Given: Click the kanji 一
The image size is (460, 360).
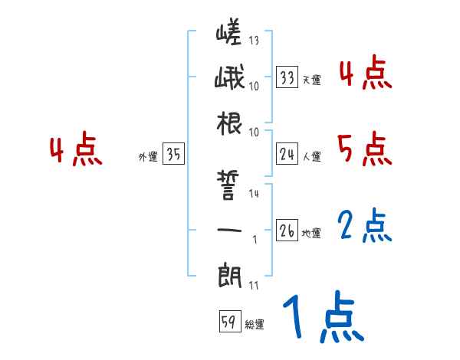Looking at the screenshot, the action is pos(228,229).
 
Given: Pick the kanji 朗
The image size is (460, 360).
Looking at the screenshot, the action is pos(228,273).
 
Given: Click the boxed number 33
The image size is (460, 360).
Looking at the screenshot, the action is pos(287,77).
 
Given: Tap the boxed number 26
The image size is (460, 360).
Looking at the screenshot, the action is pos(287,231).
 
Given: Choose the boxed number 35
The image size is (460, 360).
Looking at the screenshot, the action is pos(173,155).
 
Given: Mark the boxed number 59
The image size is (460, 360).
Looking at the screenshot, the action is pos(228,322).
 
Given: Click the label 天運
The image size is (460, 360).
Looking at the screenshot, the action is pos(311,80).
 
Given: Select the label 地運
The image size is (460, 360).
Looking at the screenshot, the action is pos(311,233).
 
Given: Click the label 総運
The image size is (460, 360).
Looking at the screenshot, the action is pos(255,325).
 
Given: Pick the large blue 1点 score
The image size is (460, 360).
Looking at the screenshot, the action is pos(321,318).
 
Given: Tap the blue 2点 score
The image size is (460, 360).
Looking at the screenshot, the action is pos(364,226).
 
